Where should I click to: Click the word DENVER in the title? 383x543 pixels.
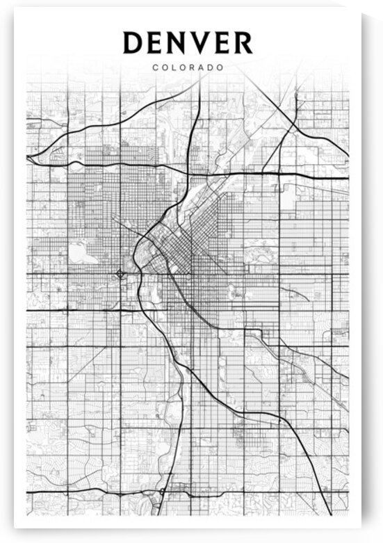click(188, 43)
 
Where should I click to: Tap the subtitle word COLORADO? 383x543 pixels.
click(188, 68)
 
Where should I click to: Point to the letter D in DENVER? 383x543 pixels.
click(133, 43)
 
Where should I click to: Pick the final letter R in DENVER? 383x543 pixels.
click(243, 43)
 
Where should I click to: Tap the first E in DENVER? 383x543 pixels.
click(156, 43)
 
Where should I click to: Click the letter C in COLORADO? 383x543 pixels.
click(154, 68)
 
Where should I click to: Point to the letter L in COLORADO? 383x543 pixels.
click(173, 68)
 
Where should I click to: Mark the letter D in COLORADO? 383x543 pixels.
click(211, 68)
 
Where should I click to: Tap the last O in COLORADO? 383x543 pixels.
click(220, 68)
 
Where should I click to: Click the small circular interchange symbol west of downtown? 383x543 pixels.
click(120, 273)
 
